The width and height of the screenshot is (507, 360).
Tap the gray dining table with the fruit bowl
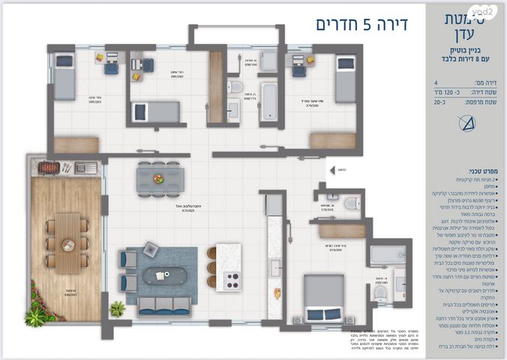[160, 178]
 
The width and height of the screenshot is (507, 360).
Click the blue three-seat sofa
[163, 305]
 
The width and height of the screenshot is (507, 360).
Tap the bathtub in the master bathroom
[388, 256]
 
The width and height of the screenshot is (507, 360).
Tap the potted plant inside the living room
[117, 308]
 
